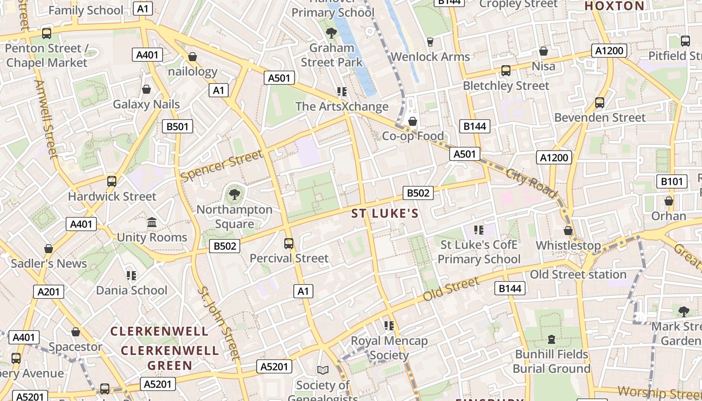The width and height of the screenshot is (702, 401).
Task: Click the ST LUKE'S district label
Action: pyautogui.click(x=385, y=214)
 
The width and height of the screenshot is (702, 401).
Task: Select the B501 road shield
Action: pyautogui.click(x=178, y=126)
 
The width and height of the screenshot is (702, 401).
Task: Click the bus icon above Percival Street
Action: pyautogui.click(x=289, y=244)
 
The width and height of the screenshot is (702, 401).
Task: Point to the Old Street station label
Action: pyautogui.click(x=578, y=275)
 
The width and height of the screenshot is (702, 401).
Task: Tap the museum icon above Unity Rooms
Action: pyautogui.click(x=152, y=222)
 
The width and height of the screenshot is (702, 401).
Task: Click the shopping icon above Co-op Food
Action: pyautogui.click(x=413, y=121)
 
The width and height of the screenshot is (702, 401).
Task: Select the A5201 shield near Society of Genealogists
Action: pyautogui.click(x=274, y=367)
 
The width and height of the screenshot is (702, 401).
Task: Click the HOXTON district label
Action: pyautogui.click(x=614, y=6)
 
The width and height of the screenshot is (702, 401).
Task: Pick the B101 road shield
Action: pyautogui.click(x=671, y=181)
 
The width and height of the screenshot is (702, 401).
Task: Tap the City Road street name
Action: pyautogui.click(x=532, y=183)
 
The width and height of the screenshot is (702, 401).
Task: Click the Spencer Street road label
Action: pyautogui.click(x=222, y=166)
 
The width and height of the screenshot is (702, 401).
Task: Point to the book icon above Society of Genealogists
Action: pyautogui.click(x=323, y=370)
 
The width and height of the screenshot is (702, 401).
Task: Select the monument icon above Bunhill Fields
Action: pyautogui.click(x=552, y=339)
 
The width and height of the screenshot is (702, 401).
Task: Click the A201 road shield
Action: pyautogui.click(x=49, y=292)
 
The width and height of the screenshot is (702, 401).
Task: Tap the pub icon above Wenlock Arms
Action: pyautogui.click(x=430, y=42)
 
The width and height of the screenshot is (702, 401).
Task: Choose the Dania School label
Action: pyautogui.click(x=131, y=290)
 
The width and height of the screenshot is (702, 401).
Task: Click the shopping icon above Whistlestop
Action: pyautogui.click(x=568, y=231)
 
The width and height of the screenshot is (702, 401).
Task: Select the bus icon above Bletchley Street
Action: pyautogui.click(x=506, y=71)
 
